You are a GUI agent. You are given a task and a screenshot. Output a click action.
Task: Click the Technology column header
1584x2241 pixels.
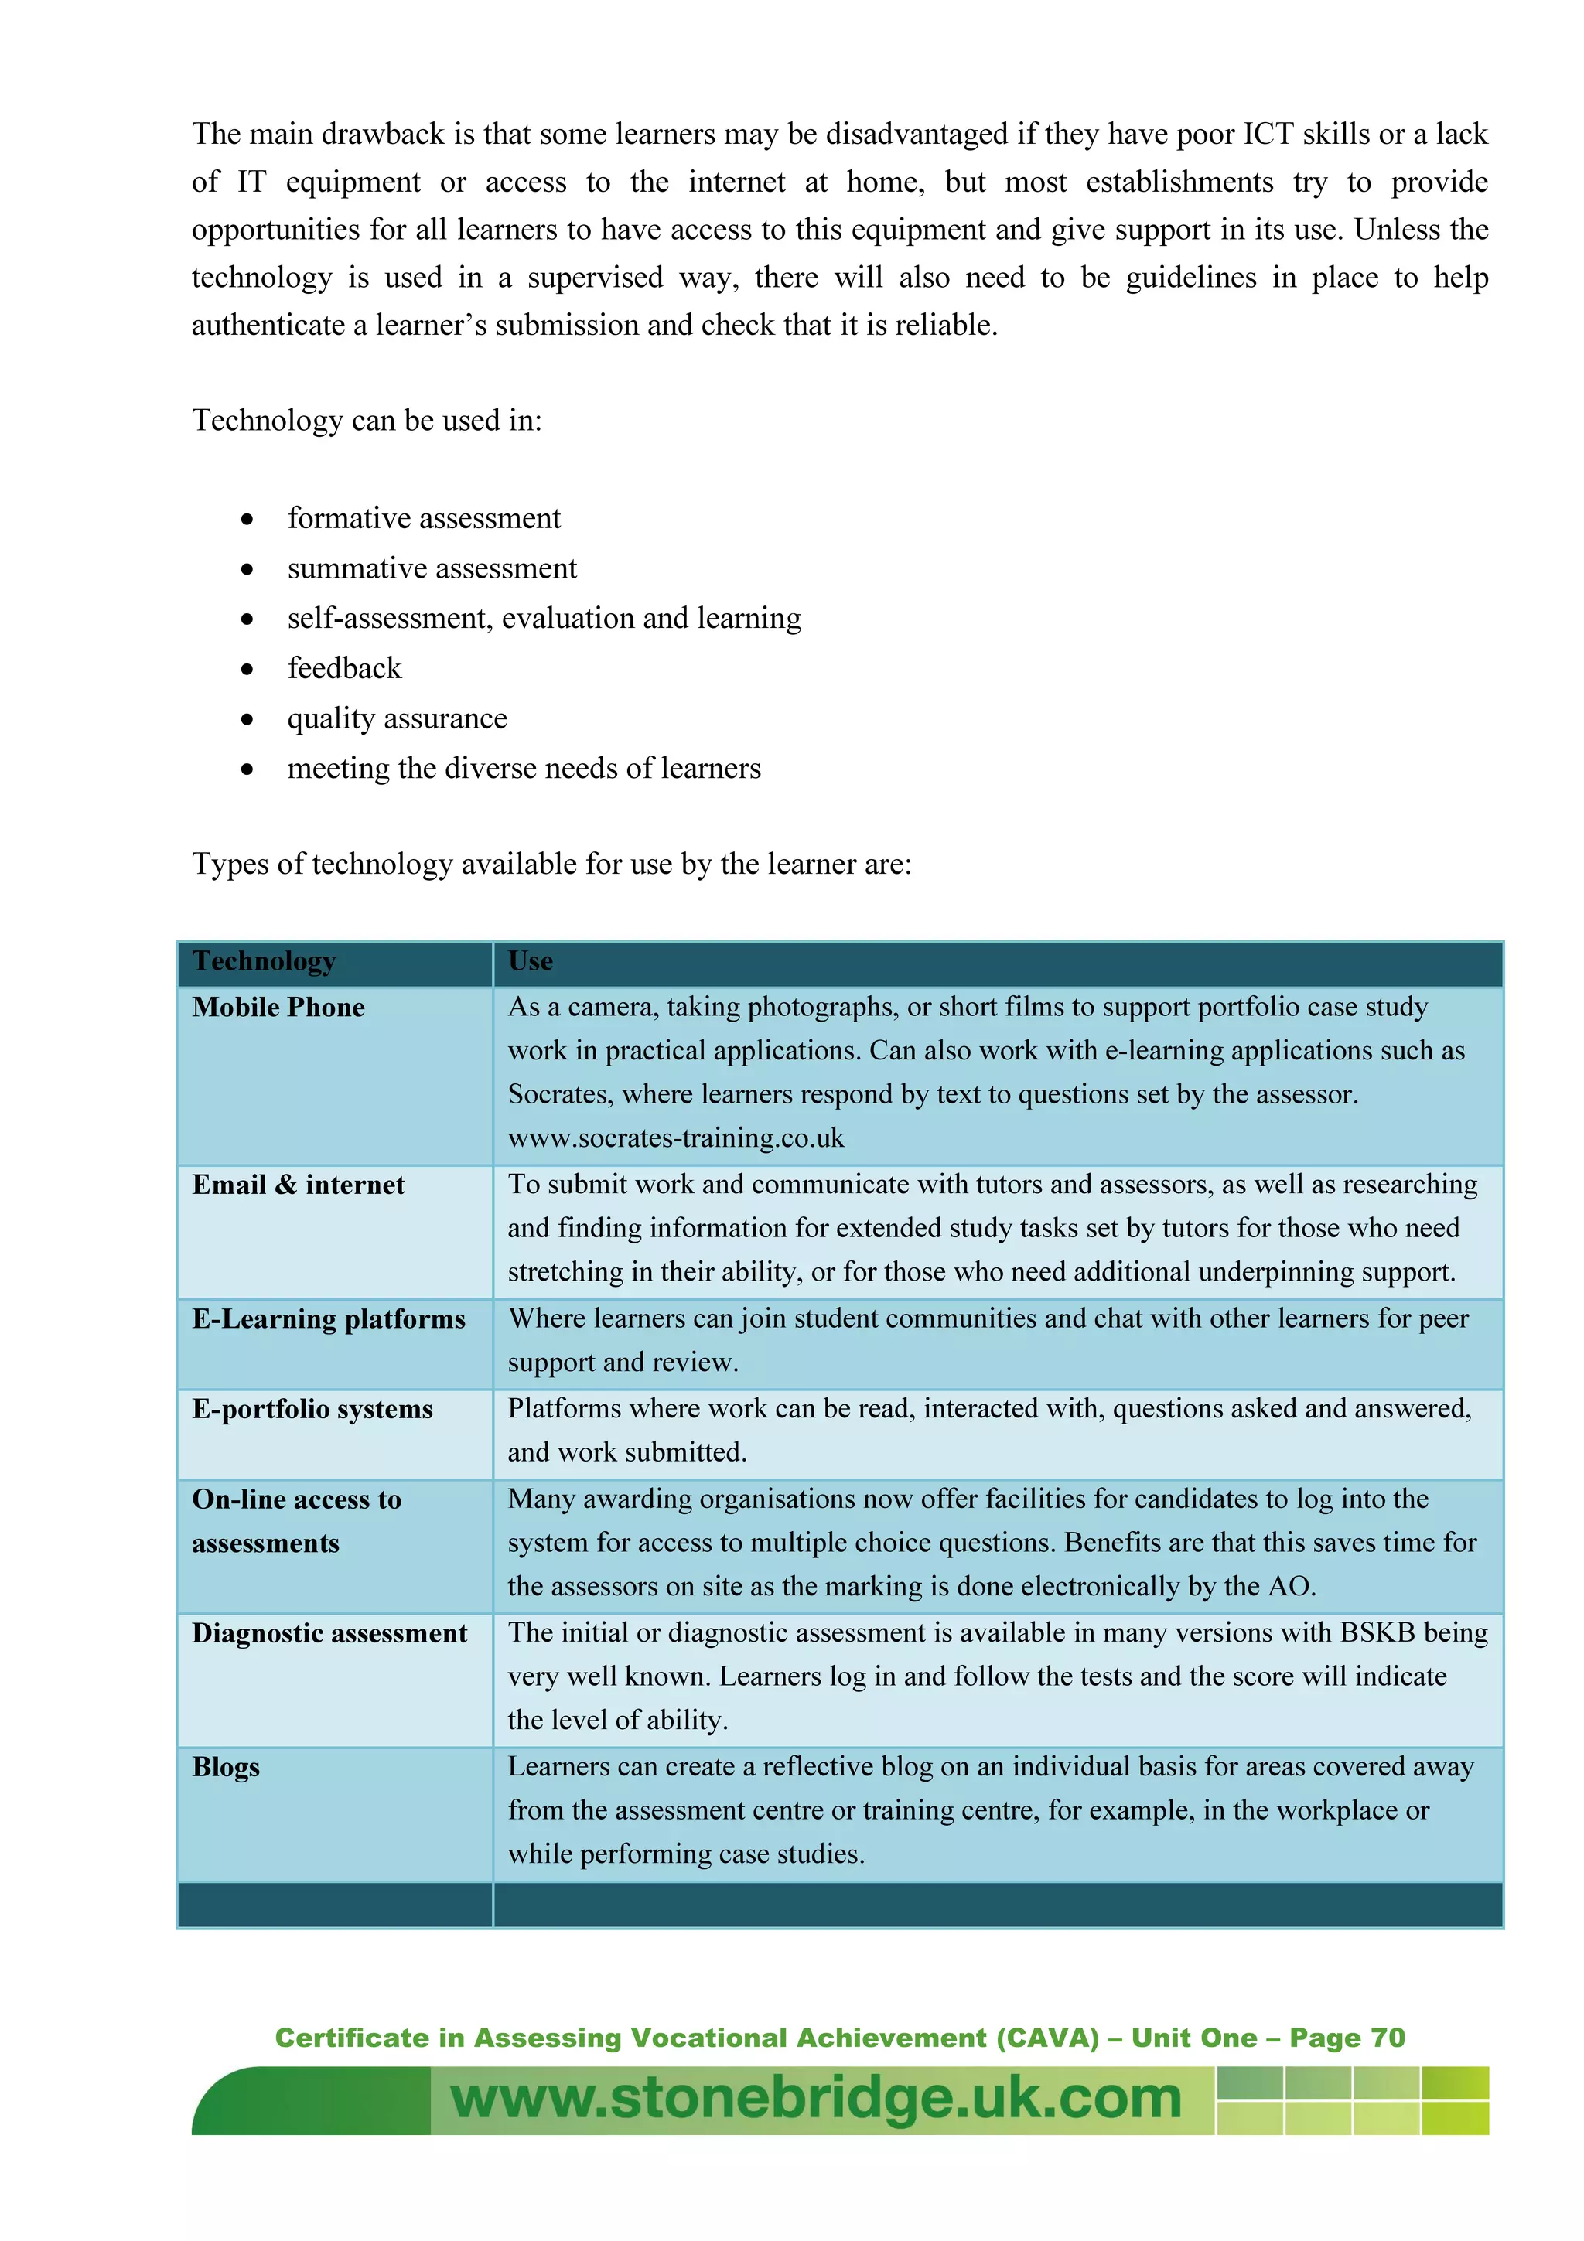(264, 961)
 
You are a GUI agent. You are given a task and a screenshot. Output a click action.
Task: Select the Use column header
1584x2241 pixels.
(530, 961)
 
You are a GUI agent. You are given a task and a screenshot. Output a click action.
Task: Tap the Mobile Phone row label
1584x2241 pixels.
(278, 1008)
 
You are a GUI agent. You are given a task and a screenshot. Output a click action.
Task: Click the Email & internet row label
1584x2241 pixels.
(298, 1185)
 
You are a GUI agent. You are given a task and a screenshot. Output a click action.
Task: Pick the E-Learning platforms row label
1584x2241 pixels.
(328, 1319)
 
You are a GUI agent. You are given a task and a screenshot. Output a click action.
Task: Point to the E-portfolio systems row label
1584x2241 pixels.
(312, 1410)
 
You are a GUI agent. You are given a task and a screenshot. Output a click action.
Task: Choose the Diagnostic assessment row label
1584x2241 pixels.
(329, 1634)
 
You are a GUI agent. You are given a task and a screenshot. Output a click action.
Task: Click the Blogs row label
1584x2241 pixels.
(225, 1768)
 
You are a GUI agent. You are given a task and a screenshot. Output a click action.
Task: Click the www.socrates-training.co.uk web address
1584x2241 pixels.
(675, 1138)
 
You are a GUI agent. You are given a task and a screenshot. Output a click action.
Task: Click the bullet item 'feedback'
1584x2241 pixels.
(343, 669)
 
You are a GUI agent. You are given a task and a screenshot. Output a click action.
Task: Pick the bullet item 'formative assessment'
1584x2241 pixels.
(424, 518)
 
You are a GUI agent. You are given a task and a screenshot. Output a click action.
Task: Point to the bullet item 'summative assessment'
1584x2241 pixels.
(432, 568)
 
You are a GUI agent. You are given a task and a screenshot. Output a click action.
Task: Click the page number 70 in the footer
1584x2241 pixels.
(1387, 2037)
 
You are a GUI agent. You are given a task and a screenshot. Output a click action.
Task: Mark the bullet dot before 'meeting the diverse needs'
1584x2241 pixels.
(248, 770)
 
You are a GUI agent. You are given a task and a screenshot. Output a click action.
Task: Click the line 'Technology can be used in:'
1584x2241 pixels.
(366, 421)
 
